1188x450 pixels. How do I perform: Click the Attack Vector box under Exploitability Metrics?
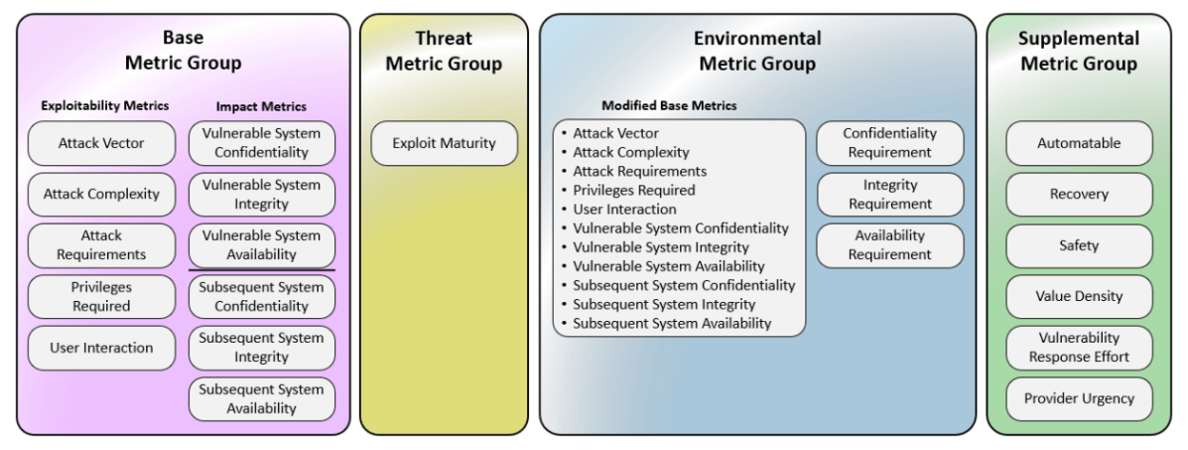(x=101, y=143)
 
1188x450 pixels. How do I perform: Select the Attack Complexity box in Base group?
(x=101, y=195)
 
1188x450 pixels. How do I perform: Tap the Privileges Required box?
(x=101, y=297)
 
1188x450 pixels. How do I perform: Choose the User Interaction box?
(x=101, y=349)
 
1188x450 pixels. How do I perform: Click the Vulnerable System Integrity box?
(x=261, y=195)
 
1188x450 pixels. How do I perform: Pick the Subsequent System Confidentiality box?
(x=261, y=297)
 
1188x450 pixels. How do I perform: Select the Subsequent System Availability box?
(x=261, y=399)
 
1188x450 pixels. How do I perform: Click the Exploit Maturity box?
(x=444, y=143)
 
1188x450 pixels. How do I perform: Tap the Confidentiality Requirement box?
(x=890, y=143)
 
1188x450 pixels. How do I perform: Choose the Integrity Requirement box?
(x=890, y=195)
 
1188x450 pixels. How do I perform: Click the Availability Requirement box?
(x=890, y=246)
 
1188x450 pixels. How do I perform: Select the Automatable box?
(x=1079, y=143)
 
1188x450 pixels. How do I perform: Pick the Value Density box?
(x=1079, y=297)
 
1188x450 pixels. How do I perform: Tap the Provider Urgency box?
(x=1079, y=399)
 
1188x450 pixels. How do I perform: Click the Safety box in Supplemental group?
(x=1079, y=246)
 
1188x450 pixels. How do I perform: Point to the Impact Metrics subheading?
(x=261, y=107)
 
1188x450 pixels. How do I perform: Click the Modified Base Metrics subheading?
(x=669, y=106)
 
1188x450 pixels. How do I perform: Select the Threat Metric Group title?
(x=444, y=52)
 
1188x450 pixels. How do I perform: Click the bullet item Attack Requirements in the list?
(x=639, y=172)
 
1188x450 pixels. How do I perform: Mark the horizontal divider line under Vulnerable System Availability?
(x=261, y=270)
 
